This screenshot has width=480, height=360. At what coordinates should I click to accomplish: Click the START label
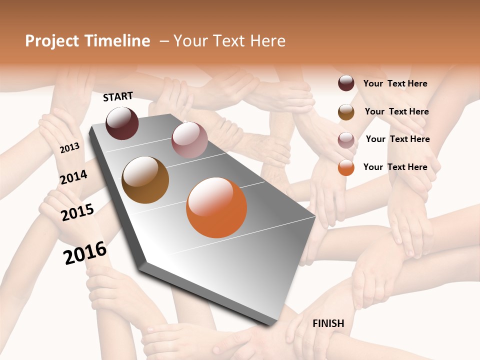tap(118, 96)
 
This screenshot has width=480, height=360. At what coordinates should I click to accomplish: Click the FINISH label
tap(328, 323)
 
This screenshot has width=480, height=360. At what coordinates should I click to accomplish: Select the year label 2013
tap(69, 147)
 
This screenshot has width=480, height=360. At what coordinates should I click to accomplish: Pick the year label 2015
tap(77, 212)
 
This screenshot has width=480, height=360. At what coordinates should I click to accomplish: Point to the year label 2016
tap(85, 253)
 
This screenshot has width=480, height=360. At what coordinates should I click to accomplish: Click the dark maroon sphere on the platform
tap(122, 123)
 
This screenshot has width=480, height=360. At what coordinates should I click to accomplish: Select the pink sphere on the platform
tap(189, 140)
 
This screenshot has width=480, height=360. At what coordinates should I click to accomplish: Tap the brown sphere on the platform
tap(145, 180)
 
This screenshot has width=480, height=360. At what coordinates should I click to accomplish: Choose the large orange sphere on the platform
tap(216, 207)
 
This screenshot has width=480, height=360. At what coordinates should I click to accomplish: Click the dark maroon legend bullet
tap(346, 83)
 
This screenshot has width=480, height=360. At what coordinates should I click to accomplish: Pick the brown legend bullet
tap(346, 112)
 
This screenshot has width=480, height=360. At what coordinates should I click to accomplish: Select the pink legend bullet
tap(346, 139)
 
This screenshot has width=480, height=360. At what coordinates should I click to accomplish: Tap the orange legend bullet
tap(346, 167)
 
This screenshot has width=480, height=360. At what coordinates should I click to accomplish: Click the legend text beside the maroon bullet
tap(395, 83)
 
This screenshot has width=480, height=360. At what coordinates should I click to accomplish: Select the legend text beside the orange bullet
tap(395, 167)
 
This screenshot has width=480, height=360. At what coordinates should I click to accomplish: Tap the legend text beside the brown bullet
tap(396, 111)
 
